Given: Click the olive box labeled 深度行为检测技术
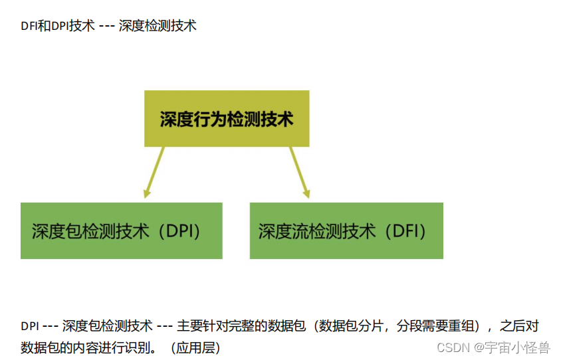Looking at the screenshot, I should click(227, 119).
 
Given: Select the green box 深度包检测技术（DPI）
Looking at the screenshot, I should click(121, 230).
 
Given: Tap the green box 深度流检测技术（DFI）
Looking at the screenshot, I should click(346, 230).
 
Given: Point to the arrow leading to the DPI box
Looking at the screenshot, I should click(154, 172).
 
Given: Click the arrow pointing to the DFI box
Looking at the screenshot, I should click(300, 172).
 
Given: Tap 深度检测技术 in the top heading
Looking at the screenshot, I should click(158, 27).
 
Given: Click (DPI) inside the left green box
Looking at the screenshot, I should click(179, 231).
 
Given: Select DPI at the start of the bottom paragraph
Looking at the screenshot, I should click(29, 326).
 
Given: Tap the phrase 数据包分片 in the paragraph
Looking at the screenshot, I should click(352, 326).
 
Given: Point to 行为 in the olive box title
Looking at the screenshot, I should click(208, 120).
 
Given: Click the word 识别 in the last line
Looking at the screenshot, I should click(138, 347).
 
